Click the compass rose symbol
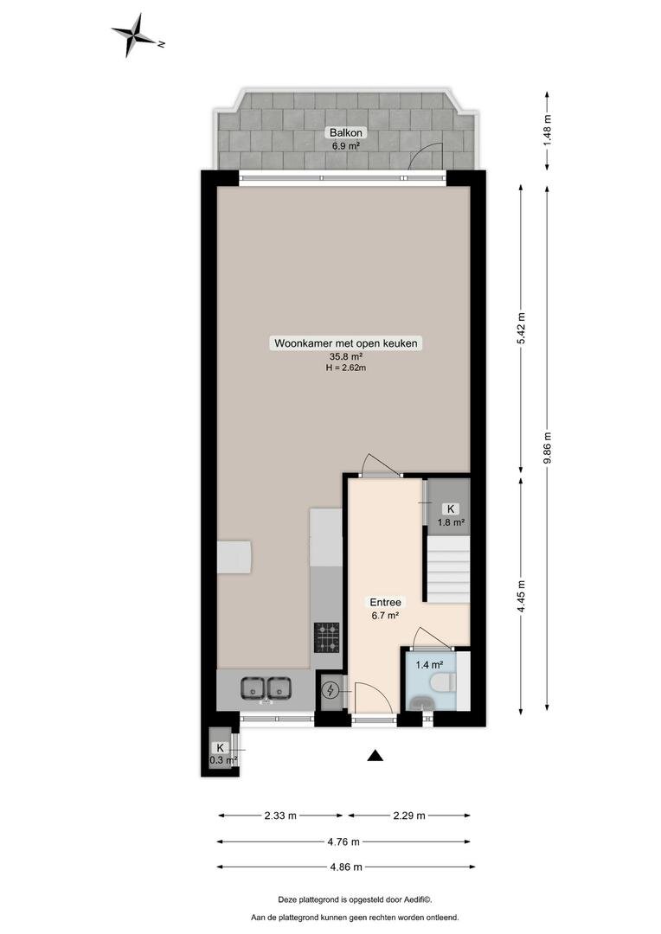tap(137, 35)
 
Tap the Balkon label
tap(346, 133)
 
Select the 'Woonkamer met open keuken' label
tap(346, 343)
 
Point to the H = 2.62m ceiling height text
tap(346, 368)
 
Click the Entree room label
tap(386, 602)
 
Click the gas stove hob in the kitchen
tap(327, 637)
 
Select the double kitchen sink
tap(266, 688)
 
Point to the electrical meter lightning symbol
tap(330, 691)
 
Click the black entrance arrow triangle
tap(375, 755)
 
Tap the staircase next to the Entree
tap(449, 568)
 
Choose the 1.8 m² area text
tap(451, 522)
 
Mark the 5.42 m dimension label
tap(522, 329)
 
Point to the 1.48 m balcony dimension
tap(547, 130)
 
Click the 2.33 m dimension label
tap(280, 816)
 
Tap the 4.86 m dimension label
tap(346, 867)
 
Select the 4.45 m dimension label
tap(522, 596)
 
